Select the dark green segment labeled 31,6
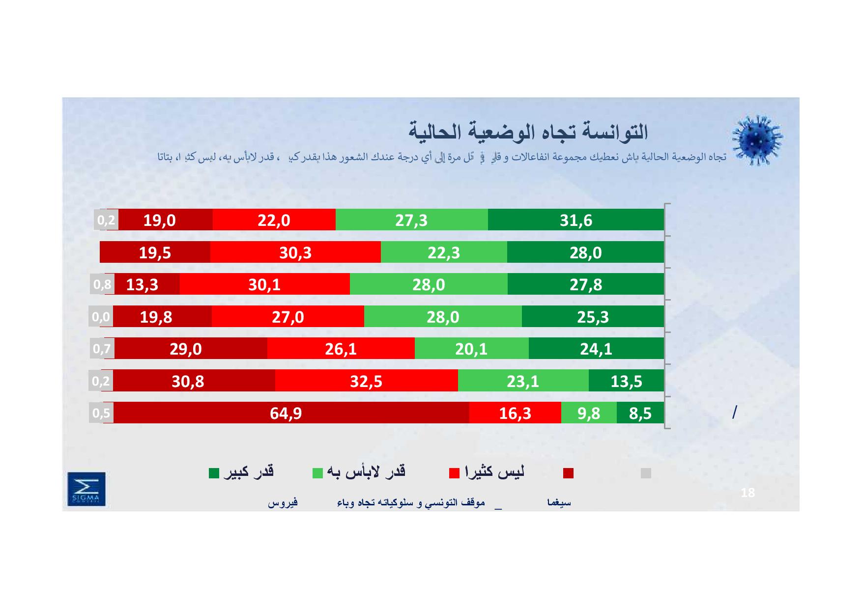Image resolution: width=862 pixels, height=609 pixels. pos(575,220)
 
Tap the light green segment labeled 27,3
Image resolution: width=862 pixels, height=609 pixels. pos(411,220)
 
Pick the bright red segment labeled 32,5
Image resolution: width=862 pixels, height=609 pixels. pos(366,381)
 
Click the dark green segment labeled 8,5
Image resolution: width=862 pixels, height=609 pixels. pos(640,413)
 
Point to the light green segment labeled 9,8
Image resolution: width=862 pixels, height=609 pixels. pos(588,413)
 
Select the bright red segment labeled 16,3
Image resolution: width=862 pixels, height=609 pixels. pos(515,413)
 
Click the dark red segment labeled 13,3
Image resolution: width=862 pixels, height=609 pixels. pos(143,284)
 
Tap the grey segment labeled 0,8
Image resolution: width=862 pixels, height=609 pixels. pos(102,284)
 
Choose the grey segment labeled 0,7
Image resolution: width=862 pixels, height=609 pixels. pos(102,348)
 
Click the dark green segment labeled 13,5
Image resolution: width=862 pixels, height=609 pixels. pos(626,381)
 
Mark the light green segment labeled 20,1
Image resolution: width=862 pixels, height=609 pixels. pos(471,348)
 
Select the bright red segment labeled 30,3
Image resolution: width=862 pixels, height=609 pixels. pos(295,252)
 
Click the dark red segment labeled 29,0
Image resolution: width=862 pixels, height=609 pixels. pos(186,348)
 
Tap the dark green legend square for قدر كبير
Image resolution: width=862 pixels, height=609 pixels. pos(214,473)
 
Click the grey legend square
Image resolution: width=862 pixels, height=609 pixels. pos(646,473)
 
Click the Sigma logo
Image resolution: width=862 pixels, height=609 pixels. pos(86,489)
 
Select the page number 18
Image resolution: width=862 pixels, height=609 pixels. pos(747,493)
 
